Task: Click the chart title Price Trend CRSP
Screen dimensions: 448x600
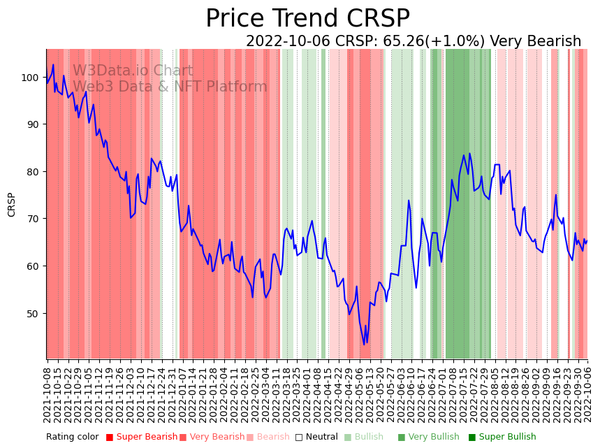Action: point(307,19)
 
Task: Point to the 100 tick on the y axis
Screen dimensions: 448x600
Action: point(32,77)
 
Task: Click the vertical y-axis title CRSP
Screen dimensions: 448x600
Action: point(12,204)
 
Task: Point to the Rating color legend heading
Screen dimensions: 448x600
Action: point(73,438)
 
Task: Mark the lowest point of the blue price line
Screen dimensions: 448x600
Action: point(364,345)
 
